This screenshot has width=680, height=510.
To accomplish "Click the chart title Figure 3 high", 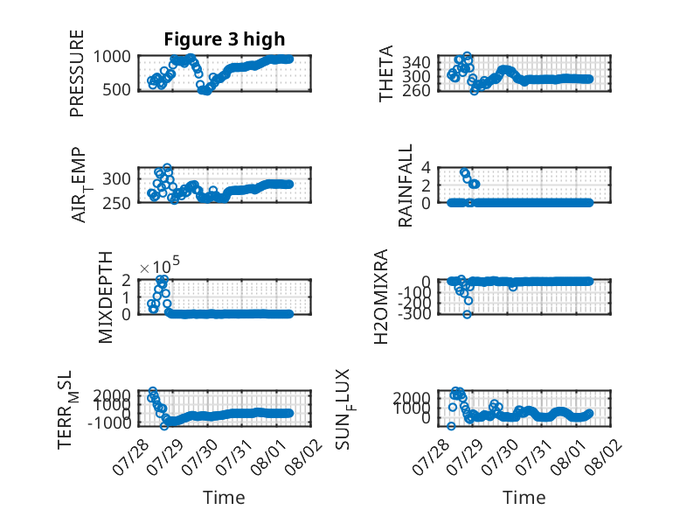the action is (x=225, y=39).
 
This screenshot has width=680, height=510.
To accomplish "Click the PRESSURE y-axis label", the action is (x=76, y=73).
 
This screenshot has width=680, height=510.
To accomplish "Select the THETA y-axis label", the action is (x=385, y=73).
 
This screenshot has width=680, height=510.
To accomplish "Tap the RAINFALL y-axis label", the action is (x=405, y=185).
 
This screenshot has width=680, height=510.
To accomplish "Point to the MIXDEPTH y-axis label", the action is (x=106, y=297).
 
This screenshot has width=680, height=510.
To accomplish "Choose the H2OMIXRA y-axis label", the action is (x=380, y=297).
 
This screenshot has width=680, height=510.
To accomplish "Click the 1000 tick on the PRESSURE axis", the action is (x=112, y=57).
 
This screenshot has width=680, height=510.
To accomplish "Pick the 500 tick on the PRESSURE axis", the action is (x=116, y=90).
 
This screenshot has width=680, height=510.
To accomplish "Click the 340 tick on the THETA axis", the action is (x=416, y=62).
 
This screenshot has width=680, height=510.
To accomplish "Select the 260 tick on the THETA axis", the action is (x=416, y=90).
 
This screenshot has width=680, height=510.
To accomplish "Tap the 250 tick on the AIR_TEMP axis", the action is (x=116, y=203).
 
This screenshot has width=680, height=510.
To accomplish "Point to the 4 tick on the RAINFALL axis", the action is (x=426, y=167).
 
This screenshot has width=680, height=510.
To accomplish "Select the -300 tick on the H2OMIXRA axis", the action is (x=413, y=313).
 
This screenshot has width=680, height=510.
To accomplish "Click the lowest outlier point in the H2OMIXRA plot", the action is (x=467, y=314).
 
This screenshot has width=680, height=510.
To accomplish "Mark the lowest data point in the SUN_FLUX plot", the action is (x=452, y=426).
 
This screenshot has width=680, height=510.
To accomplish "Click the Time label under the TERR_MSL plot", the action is (x=225, y=498).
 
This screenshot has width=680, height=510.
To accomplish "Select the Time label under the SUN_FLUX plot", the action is (x=524, y=498).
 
